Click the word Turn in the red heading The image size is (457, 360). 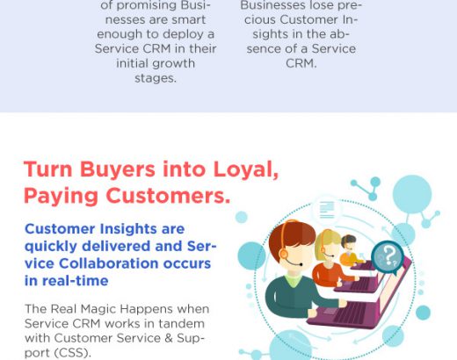(x=47, y=169)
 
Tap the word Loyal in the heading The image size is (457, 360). (x=245, y=169)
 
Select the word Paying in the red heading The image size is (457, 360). (x=61, y=197)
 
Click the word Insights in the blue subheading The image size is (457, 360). (x=128, y=228)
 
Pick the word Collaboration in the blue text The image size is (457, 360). (x=109, y=263)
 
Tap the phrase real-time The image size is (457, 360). (x=76, y=281)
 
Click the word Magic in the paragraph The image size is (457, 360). (x=98, y=309)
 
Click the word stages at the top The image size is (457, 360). (x=156, y=78)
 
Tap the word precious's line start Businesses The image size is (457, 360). (x=273, y=5)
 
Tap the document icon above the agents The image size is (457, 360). (x=327, y=210)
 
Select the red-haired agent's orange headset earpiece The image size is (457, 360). (x=284, y=252)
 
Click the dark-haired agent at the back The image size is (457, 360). (x=349, y=250)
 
